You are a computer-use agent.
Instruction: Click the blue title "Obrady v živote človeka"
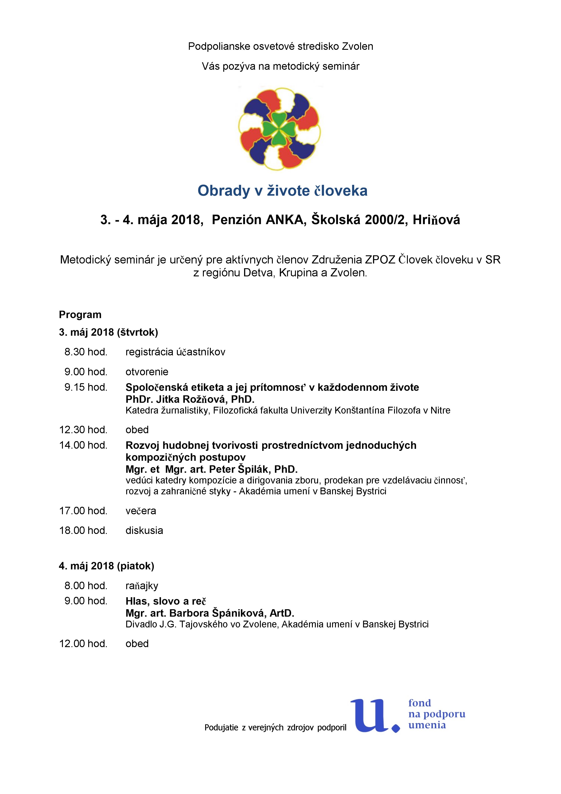pos(282,191)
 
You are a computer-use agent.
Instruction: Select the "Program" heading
pos(80,315)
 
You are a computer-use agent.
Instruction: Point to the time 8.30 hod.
pos(86,352)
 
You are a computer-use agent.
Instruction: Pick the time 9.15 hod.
pos(86,387)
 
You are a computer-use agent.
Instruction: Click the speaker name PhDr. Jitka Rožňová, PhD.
pos(190,399)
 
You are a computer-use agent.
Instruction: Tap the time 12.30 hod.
pos(83,430)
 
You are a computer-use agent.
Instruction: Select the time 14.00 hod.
pos(83,445)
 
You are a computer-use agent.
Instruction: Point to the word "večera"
pos(141,511)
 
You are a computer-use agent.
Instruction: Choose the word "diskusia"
pos(144,531)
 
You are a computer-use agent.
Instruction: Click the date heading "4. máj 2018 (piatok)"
pos(107,566)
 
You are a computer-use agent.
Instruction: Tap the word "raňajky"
pos(142,586)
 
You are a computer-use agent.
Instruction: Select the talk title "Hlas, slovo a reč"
pos(166,601)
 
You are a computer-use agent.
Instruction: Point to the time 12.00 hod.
pos(83,643)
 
